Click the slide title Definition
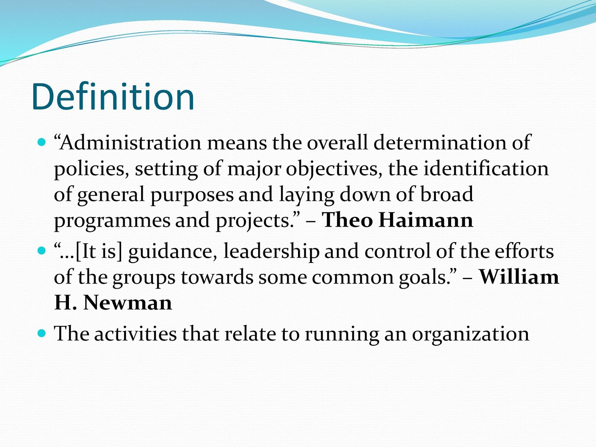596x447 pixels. tap(113, 96)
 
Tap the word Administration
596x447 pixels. tap(131, 143)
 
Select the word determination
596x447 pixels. tap(440, 143)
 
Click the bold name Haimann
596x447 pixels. tap(426, 220)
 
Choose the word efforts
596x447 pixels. tap(524, 251)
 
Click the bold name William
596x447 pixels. tap(519, 277)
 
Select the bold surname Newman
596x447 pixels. tap(128, 303)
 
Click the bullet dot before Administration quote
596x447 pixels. tap(42, 142)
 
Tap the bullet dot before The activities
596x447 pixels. tap(42, 333)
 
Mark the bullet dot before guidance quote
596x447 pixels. tap(42, 250)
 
